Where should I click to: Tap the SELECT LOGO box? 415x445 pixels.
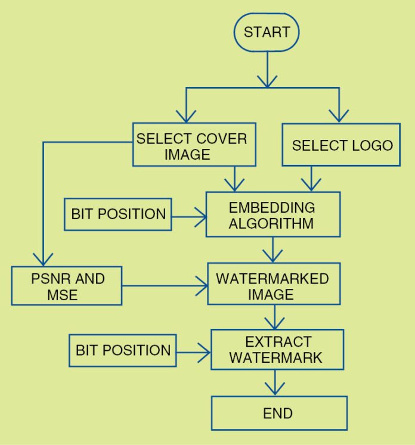point(342,145)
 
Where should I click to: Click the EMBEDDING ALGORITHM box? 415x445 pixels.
point(272,214)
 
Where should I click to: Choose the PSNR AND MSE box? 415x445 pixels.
point(66,286)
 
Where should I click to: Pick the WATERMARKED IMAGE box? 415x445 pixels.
point(272,286)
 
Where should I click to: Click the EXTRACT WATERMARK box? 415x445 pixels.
point(277,349)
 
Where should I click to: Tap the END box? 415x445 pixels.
point(278,413)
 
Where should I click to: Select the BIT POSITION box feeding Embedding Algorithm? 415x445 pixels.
point(117,214)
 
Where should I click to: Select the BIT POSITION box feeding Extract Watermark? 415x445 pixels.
point(122,350)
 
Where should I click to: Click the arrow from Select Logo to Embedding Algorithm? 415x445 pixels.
point(310,179)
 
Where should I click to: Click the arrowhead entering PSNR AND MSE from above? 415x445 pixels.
point(42,259)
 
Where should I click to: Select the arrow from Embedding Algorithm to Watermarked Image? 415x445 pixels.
point(273,250)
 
